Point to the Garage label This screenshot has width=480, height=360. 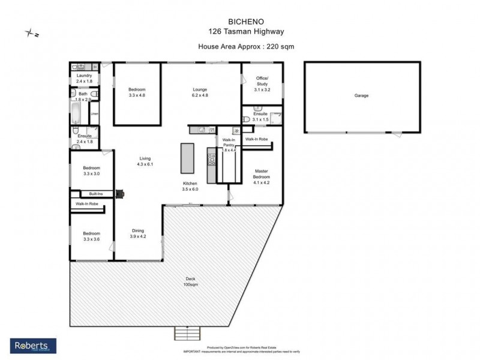coord(361,95)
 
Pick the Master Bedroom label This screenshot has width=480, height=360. coord(262,174)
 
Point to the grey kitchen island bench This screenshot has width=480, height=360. coord(188,158)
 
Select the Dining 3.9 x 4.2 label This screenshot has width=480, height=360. coord(138,233)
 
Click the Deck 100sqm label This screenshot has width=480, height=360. coord(190,281)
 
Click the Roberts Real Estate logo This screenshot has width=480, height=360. coord(34,346)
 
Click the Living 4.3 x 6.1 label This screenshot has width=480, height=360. coord(145,161)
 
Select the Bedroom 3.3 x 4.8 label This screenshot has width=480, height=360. coord(137,92)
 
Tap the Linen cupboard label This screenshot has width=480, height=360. coord(94,113)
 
